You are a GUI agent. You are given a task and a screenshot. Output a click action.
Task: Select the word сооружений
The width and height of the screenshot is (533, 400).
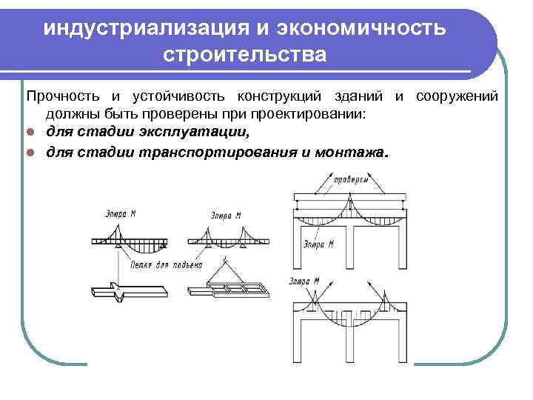point(462,97)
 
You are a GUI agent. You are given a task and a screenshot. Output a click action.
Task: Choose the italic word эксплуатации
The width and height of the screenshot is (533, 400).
point(212,133)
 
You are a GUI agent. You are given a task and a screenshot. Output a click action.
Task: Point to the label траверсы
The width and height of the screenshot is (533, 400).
point(347,179)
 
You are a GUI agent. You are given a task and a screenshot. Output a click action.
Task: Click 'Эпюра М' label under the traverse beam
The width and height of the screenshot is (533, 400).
point(320,242)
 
